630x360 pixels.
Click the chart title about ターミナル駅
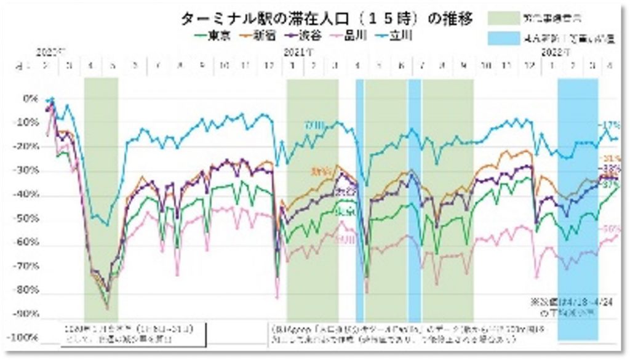(x=327, y=18)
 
